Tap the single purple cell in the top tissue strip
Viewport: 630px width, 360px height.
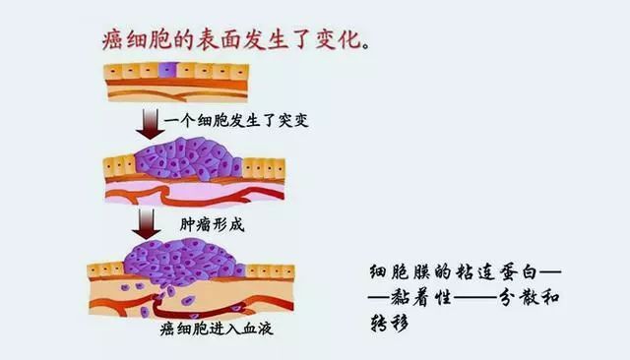[x=166, y=71]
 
